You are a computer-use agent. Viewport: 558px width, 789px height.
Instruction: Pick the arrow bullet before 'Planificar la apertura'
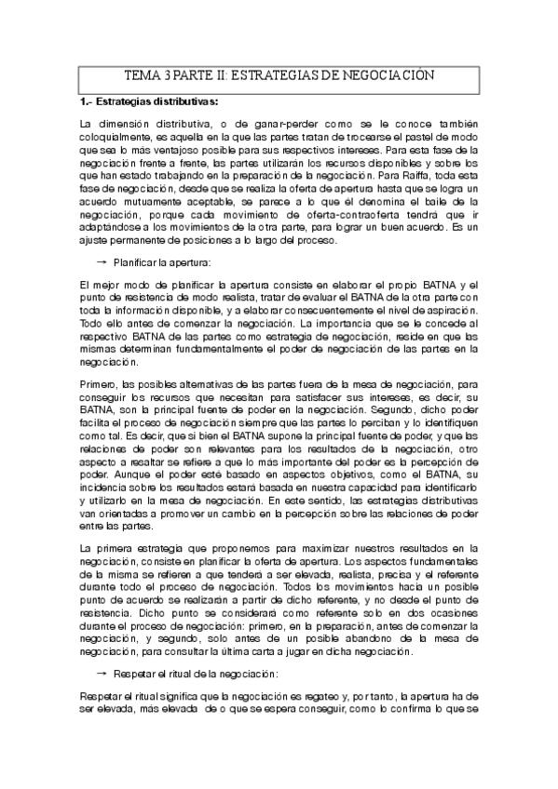point(100,263)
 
